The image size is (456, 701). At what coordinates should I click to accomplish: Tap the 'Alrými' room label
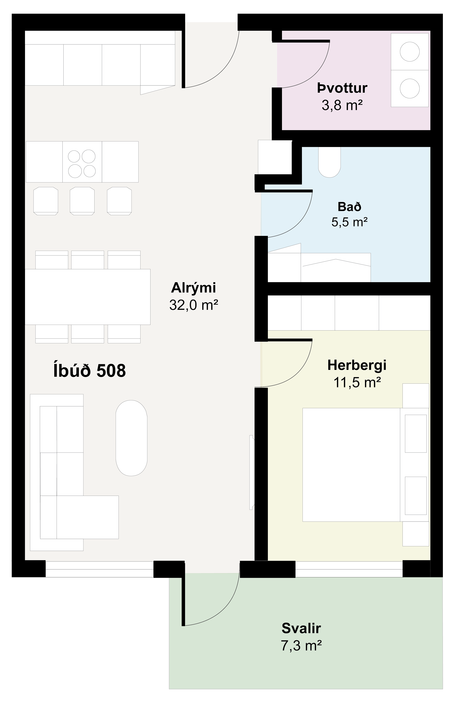pyautogui.click(x=193, y=288)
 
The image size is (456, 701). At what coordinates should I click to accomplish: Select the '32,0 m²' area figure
pyautogui.click(x=193, y=305)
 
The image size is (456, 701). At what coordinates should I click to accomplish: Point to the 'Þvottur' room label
pyautogui.click(x=342, y=88)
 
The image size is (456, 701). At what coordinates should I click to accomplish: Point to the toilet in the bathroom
pyautogui.click(x=330, y=162)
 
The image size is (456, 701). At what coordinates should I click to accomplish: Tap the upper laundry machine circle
pyautogui.click(x=410, y=52)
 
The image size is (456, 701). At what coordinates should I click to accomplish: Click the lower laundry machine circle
pyautogui.click(x=410, y=88)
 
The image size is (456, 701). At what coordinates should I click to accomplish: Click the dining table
pyautogui.click(x=88, y=297)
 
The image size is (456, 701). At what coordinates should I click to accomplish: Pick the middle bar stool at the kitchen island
pyautogui.click(x=82, y=201)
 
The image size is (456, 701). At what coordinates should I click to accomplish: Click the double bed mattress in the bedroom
pyautogui.click(x=351, y=465)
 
